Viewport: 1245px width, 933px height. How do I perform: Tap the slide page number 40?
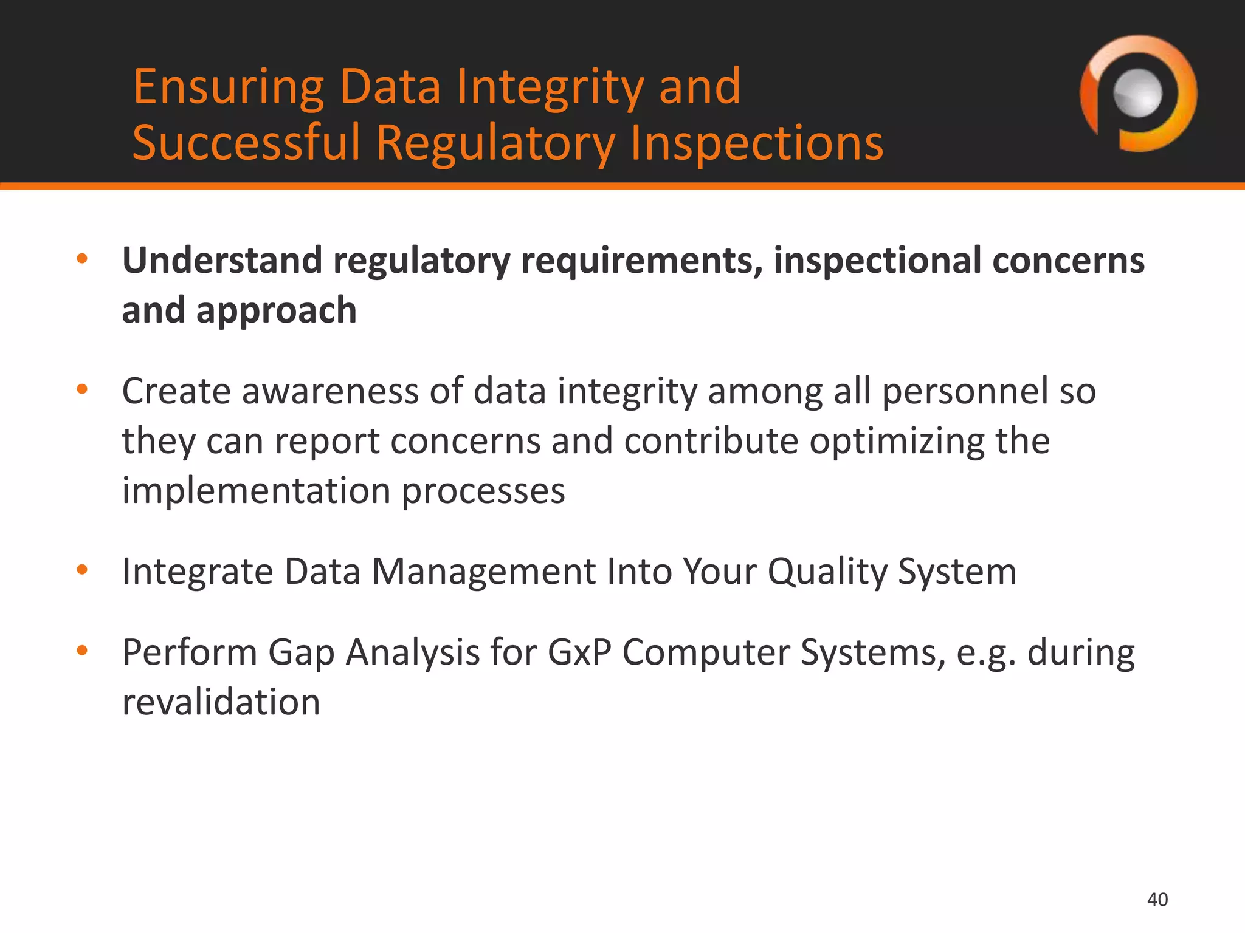(1157, 900)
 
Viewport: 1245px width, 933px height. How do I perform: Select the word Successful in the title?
(246, 143)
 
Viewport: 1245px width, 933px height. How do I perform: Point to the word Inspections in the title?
(756, 143)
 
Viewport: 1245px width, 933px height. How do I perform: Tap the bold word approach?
(276, 311)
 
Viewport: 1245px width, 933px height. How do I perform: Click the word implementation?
(256, 491)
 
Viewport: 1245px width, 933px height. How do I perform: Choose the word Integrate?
(198, 572)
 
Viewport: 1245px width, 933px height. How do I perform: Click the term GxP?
(579, 652)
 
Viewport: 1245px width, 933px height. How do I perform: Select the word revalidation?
(221, 702)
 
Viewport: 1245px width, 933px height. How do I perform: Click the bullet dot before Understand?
(82, 260)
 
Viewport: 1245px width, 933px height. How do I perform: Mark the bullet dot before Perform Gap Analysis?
(82, 652)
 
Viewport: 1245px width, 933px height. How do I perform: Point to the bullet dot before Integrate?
(82, 570)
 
